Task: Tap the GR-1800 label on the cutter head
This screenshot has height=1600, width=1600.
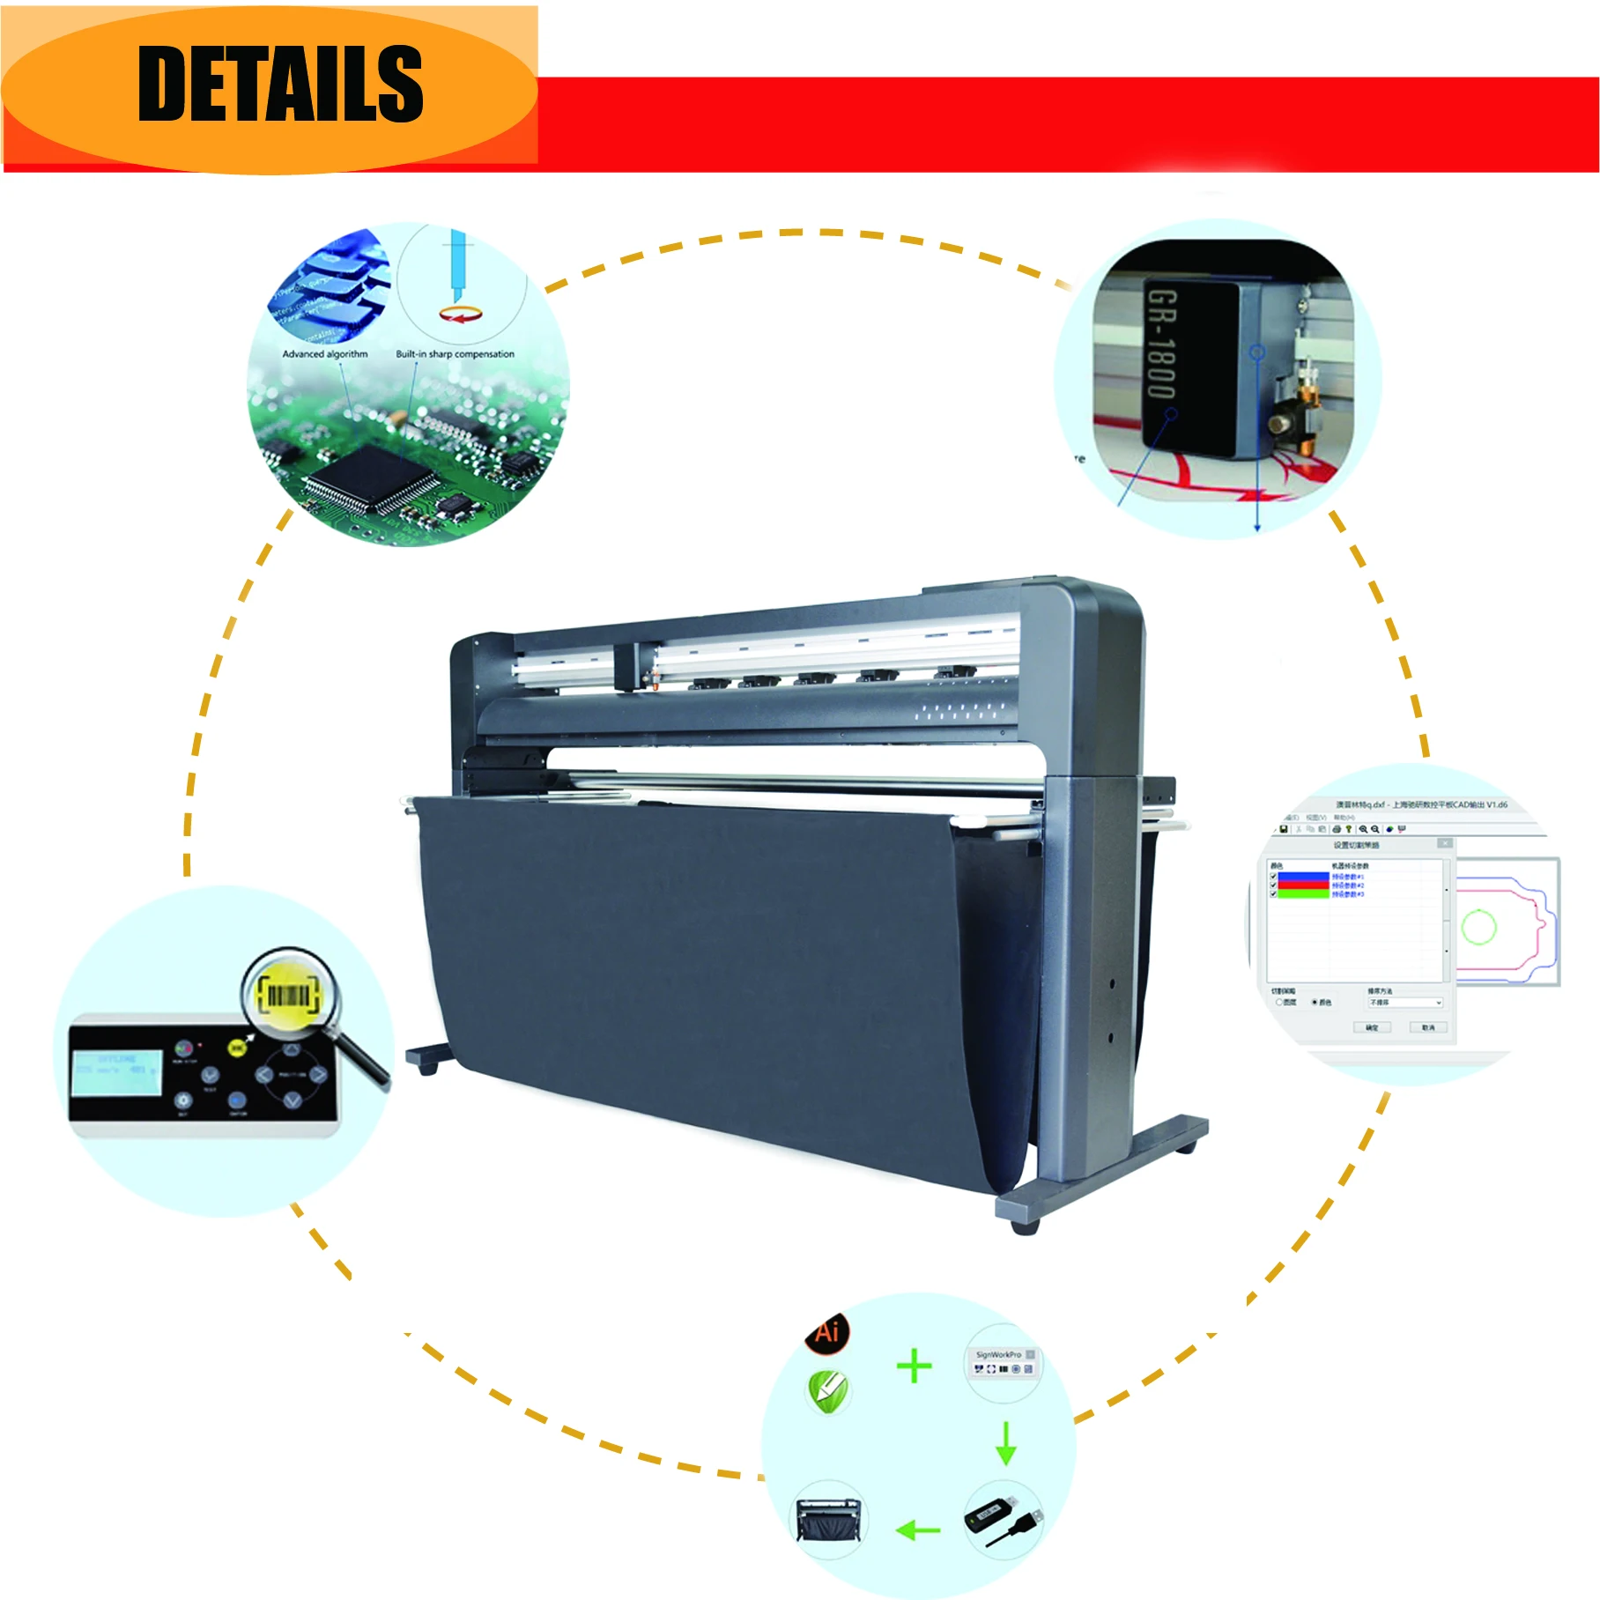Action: click(1161, 344)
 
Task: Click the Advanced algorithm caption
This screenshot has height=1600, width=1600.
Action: click(325, 354)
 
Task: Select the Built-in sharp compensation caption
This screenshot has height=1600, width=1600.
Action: click(455, 354)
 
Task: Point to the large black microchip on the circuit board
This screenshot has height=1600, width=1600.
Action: click(370, 480)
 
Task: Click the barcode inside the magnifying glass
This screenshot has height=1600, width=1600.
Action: click(287, 996)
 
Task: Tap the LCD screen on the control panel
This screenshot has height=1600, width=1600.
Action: click(117, 1072)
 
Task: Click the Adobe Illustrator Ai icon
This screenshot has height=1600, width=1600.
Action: click(827, 1331)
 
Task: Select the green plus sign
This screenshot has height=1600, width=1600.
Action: click(914, 1366)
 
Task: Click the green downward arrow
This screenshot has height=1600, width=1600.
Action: click(1006, 1442)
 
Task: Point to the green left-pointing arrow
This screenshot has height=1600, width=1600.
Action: click(917, 1530)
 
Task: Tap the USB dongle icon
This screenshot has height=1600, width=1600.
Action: click(1003, 1521)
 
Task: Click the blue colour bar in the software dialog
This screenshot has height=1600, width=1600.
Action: click(1302, 877)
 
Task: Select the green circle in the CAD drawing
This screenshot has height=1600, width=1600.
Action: click(1478, 927)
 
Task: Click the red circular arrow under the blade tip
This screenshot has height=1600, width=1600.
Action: click(461, 315)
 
